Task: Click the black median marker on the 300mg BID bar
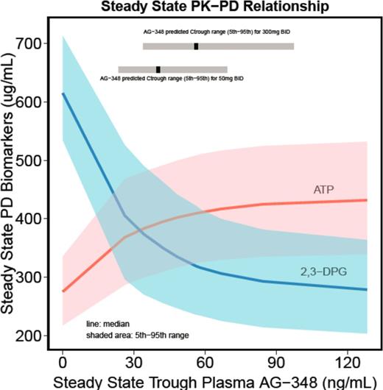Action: tap(196, 46)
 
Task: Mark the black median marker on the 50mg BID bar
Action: tap(158, 69)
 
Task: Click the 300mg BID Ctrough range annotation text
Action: tap(218, 34)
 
